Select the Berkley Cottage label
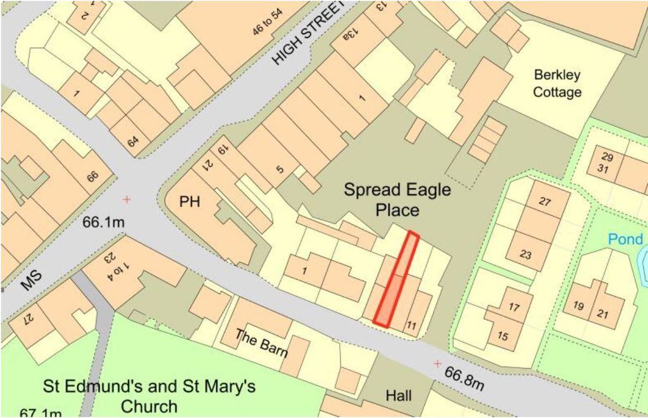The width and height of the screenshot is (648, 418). pos(557,84)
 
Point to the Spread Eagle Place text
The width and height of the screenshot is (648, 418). pos(397,199)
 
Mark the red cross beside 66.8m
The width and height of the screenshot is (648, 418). pos(437,364)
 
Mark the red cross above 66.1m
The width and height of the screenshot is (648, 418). pos(127,199)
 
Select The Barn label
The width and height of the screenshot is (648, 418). pos(261,342)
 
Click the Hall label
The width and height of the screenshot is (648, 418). pos(399,396)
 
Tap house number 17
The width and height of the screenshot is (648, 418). pos(514,307)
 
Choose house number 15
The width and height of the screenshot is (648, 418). pos(502,336)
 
